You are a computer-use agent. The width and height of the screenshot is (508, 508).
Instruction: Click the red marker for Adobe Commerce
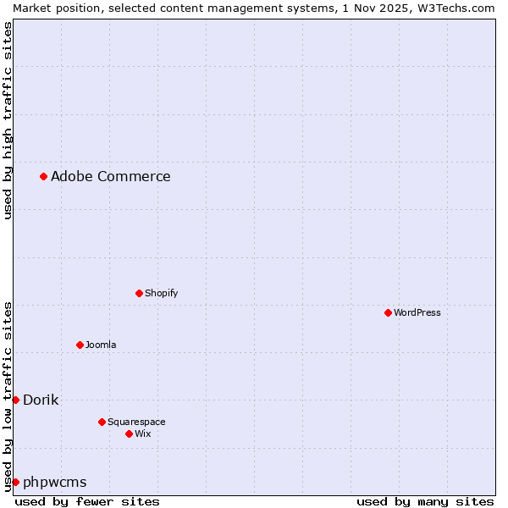pyautogui.click(x=43, y=176)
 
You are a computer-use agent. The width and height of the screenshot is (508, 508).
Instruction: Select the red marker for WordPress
pyautogui.click(x=388, y=312)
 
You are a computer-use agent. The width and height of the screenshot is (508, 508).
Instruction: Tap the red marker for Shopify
pyautogui.click(x=139, y=293)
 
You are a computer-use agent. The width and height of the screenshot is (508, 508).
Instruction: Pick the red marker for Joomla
pyautogui.click(x=80, y=345)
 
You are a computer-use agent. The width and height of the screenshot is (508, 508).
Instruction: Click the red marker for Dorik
pyautogui.click(x=15, y=400)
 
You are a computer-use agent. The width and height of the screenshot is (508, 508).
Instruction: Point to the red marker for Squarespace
pyautogui.click(x=102, y=422)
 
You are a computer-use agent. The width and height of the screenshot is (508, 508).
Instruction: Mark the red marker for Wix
pyautogui.click(x=129, y=433)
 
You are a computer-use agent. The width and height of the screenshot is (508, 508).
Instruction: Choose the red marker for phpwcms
pyautogui.click(x=15, y=482)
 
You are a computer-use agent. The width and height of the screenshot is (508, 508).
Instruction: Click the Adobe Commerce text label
pyautogui.click(x=110, y=176)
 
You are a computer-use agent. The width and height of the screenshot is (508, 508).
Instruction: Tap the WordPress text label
pyautogui.click(x=417, y=312)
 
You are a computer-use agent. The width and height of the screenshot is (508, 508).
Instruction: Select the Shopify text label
pyautogui.click(x=161, y=293)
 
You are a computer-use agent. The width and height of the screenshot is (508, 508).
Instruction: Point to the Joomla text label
pyautogui.click(x=101, y=345)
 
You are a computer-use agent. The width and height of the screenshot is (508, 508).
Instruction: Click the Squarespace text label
pyautogui.click(x=136, y=422)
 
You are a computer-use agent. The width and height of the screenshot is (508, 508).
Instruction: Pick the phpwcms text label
pyautogui.click(x=55, y=482)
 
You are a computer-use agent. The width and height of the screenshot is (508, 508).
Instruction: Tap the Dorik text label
pyautogui.click(x=41, y=400)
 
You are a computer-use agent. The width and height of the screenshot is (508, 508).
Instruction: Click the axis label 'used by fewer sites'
pyautogui.click(x=87, y=501)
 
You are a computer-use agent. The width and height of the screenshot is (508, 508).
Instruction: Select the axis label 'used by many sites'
pyautogui.click(x=425, y=501)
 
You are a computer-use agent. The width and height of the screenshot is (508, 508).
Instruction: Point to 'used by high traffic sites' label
pyautogui.click(x=8, y=121)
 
